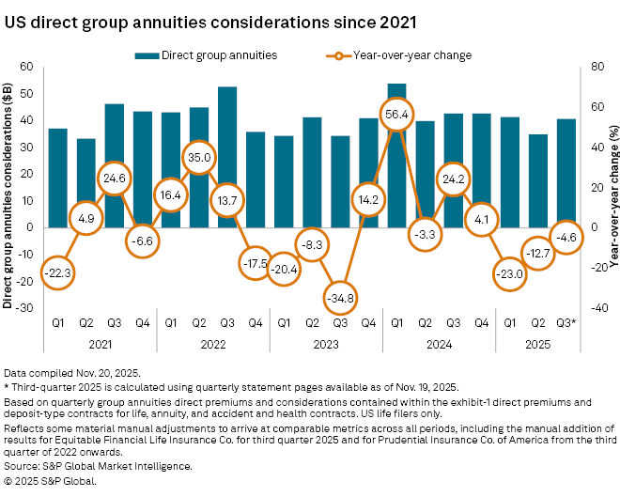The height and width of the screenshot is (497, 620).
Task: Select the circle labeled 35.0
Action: tap(199, 157)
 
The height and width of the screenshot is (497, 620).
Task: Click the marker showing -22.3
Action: tap(57, 272)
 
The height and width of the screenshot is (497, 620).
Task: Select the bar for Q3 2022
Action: tap(227, 156)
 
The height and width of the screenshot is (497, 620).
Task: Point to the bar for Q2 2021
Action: tap(85, 182)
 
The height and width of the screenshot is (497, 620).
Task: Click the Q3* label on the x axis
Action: tap(567, 324)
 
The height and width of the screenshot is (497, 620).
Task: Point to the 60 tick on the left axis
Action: tap(26, 67)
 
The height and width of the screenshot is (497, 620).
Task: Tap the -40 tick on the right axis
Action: tap(587, 307)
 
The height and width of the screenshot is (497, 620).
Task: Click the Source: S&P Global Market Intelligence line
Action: tap(98, 465)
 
